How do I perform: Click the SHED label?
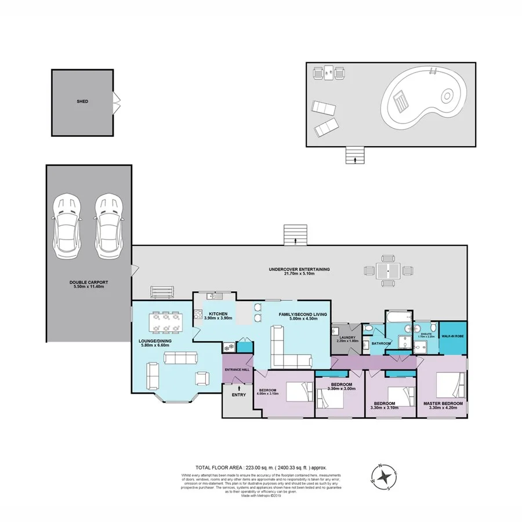coord(82,101)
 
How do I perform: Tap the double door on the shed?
coord(117,101)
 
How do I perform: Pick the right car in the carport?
coord(108,226)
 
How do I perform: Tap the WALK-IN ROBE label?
coord(452,335)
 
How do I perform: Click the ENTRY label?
coord(238,395)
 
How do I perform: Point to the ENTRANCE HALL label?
coord(237,369)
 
